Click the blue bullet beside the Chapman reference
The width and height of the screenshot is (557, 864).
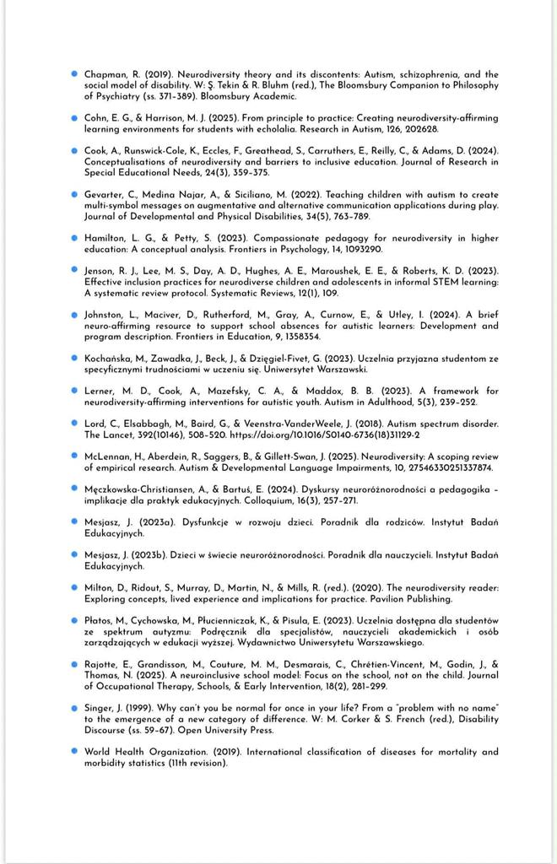click(74, 74)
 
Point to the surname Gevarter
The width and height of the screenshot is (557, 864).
click(105, 194)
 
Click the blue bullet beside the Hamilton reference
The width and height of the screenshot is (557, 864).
click(74, 238)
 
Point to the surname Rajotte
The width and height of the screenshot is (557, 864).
click(103, 664)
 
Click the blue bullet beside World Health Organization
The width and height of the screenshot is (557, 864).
click(74, 751)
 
